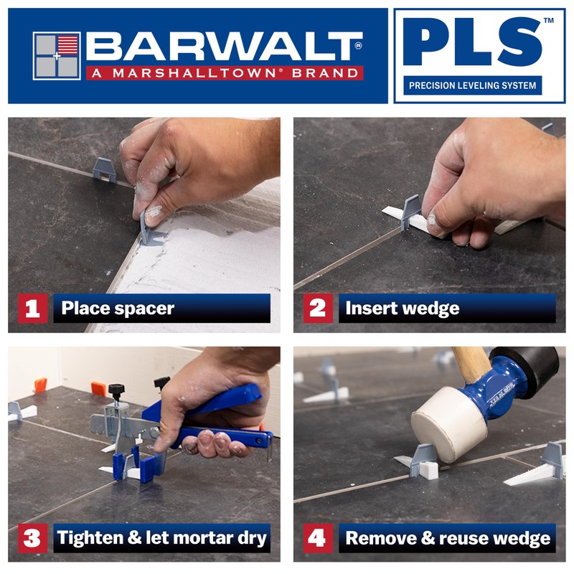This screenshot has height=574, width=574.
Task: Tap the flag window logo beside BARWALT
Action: point(57,55)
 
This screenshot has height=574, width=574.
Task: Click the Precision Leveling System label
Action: point(472,85)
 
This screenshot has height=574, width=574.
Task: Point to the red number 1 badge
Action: point(32,309)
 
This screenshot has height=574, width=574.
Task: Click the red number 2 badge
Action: point(316,309)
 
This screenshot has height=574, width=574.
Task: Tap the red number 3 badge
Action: point(32,538)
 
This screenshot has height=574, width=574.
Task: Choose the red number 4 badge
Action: point(316,538)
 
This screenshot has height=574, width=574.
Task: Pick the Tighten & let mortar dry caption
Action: point(161,538)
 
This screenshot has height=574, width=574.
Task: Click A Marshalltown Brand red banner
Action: point(224,72)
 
